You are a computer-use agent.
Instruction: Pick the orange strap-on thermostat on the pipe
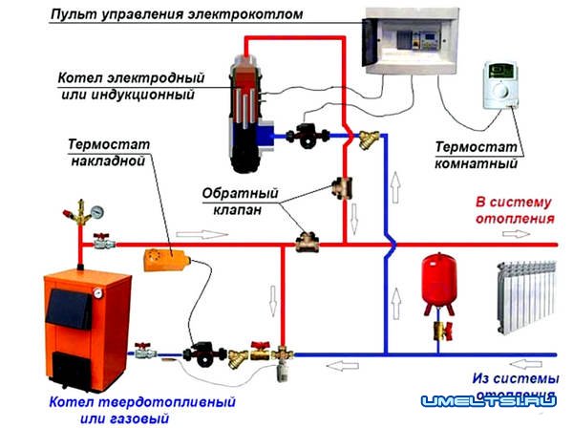(161, 259)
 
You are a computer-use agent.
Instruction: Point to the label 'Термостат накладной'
(106, 154)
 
